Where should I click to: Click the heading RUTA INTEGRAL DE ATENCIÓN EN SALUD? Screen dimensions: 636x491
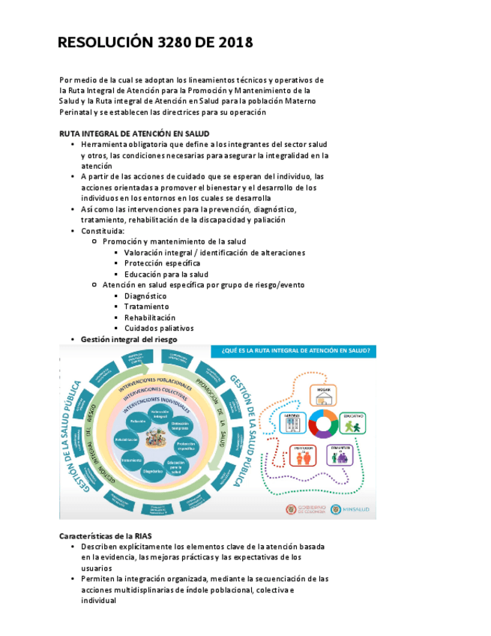(134, 133)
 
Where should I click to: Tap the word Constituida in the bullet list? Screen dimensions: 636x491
(103, 231)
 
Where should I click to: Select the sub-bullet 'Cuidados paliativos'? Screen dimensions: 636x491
(159, 328)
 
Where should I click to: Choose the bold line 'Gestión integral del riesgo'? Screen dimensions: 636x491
(129, 340)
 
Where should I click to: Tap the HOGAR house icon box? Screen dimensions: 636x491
(324, 395)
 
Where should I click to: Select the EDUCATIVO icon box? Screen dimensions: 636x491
(353, 423)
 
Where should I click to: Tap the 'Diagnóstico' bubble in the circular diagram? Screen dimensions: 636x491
(152, 471)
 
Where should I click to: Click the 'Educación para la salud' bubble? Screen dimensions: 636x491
(176, 465)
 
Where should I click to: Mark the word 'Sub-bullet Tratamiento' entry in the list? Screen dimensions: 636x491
(146, 306)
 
